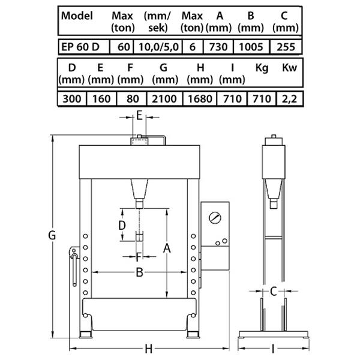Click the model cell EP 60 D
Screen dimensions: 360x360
[x=80, y=47]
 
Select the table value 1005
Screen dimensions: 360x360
[x=251, y=47]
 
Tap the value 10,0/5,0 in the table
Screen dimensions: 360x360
[x=158, y=47]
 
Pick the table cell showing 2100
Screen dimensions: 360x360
[x=164, y=99]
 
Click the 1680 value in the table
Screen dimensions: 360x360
[x=200, y=99]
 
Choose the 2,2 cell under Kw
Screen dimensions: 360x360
[x=289, y=99]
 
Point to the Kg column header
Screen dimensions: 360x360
[x=262, y=68]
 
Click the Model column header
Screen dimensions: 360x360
[x=77, y=16]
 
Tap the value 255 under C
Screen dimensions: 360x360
[x=286, y=47]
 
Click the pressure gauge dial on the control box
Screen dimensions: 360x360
[x=215, y=218]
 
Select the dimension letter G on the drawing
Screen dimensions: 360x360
[x=52, y=235]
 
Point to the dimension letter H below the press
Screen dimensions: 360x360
[x=149, y=349]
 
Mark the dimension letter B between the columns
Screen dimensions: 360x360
[x=139, y=272]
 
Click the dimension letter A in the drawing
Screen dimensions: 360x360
[x=167, y=248]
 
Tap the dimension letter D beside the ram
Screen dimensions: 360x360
[x=122, y=225]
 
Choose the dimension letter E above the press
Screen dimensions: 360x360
[x=139, y=116]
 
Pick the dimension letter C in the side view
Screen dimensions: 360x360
[x=274, y=292]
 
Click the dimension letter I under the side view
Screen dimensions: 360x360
[x=273, y=349]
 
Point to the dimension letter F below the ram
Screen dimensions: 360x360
[x=139, y=257]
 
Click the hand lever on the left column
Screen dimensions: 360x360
[x=74, y=266]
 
